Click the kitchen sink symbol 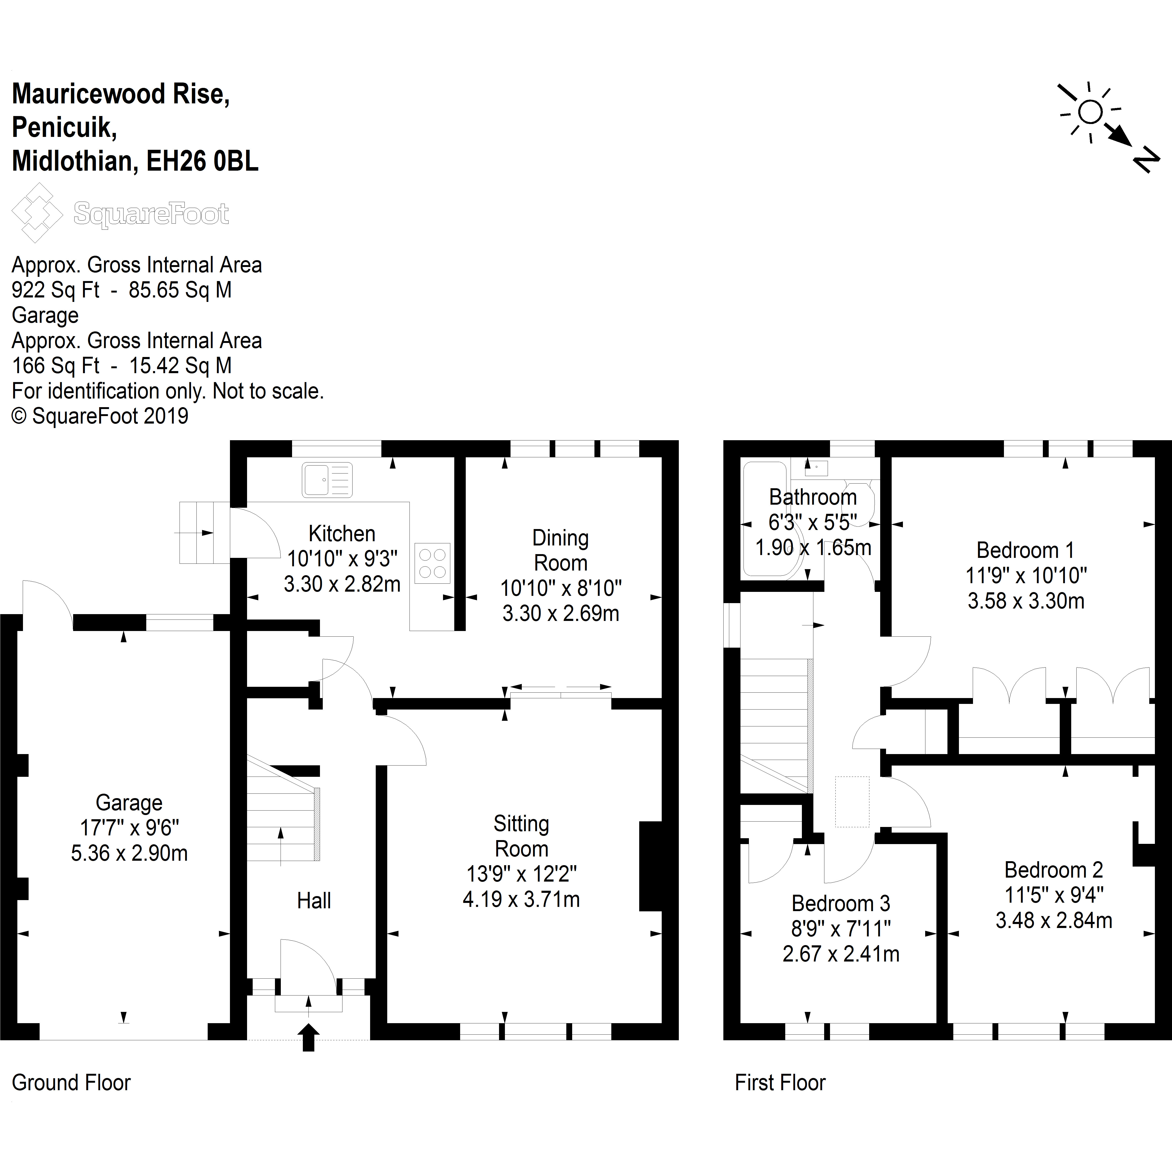pos(327,480)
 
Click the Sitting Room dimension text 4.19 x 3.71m pos(521,899)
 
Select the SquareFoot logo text pos(151,214)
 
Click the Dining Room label pos(560,550)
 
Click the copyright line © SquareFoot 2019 pos(101,416)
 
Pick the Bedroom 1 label pos(1025,550)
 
